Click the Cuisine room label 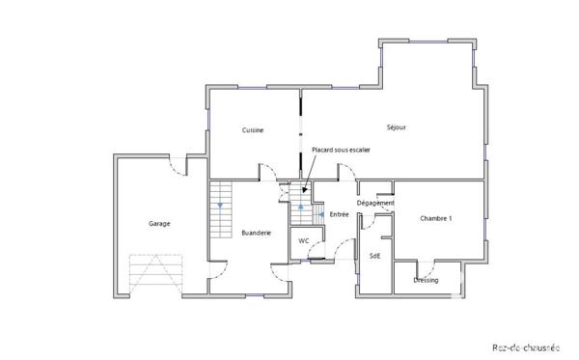pos(253,129)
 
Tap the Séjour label pos(396,126)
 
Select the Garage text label pos(159,224)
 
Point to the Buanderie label pos(256,233)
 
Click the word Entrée pos(339,214)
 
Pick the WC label pos(303,240)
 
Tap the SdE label pos(374,255)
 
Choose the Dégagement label pos(375,203)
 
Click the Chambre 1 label pos(436,219)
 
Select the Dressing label pos(426,280)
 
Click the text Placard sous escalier pos(341,150)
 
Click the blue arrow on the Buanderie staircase pos(221,206)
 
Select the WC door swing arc pos(316,254)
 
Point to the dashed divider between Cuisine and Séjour pos(300,130)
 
